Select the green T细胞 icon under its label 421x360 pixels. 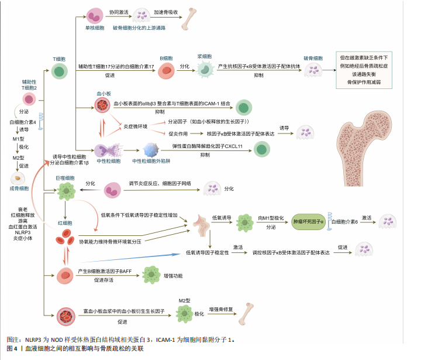tap(59, 71)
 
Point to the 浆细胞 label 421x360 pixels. tap(204, 57)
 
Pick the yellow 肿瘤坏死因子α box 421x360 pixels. tap(310, 222)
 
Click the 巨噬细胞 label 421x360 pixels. tap(65, 177)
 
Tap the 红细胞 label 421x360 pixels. tap(64, 223)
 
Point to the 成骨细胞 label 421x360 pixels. tap(19, 188)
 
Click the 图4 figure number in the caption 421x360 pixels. tap(12, 349)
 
